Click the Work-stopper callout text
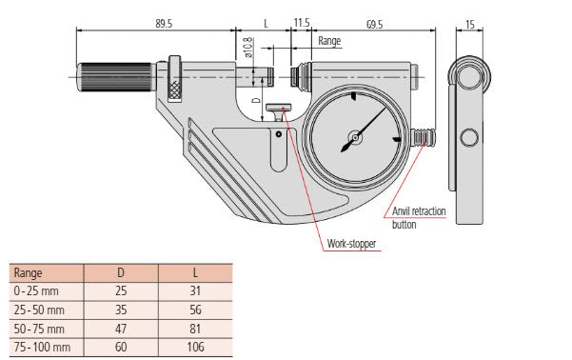pyautogui.click(x=351, y=244)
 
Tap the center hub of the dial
pyautogui.click(x=353, y=139)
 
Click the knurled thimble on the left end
pyautogui.click(x=112, y=74)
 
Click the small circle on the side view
pyautogui.click(x=469, y=139)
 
